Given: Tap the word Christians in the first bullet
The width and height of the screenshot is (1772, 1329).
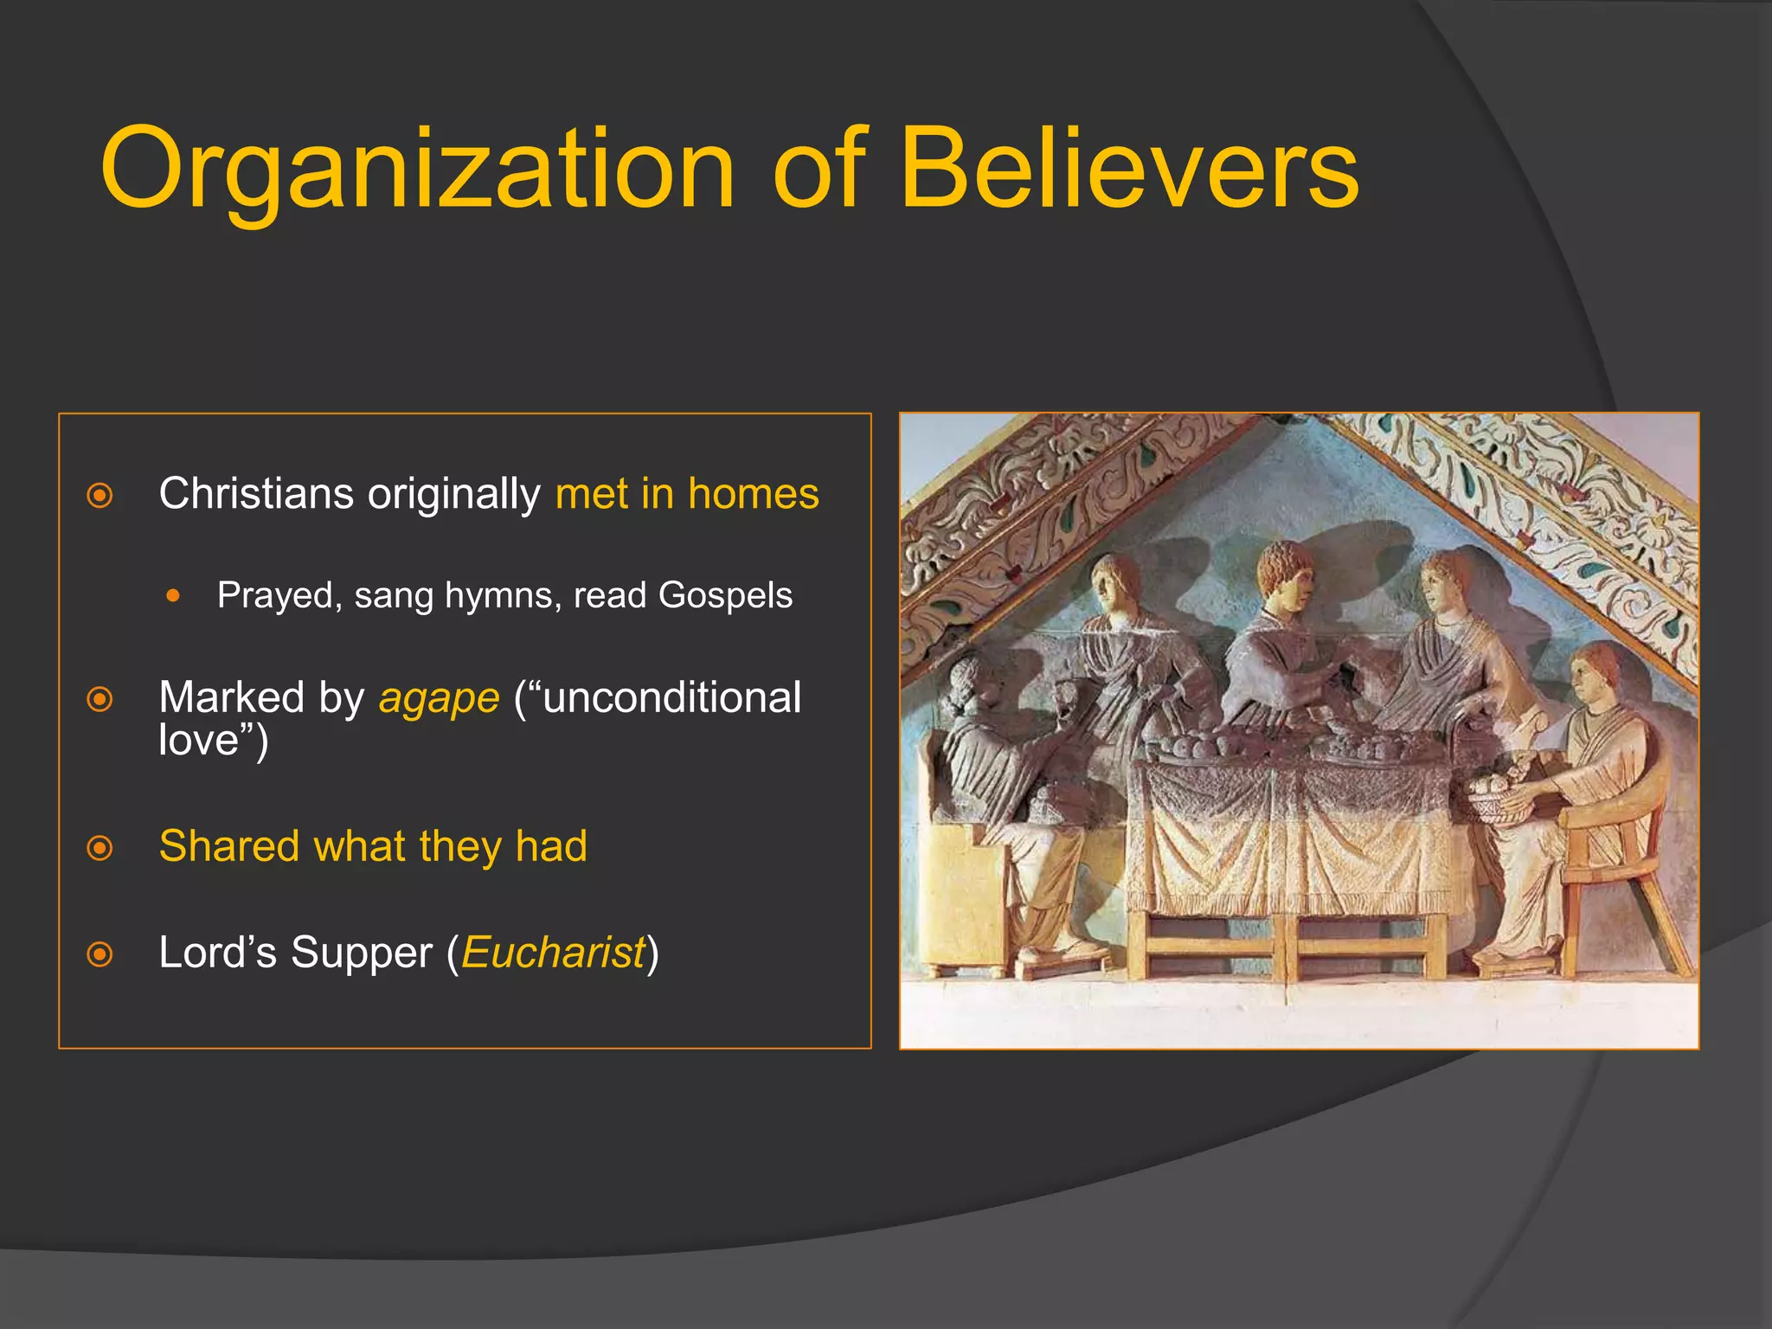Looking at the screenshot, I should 255,494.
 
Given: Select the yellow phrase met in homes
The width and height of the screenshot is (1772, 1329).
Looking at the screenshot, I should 687,494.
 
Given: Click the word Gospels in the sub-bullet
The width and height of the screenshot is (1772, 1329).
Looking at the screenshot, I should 725,595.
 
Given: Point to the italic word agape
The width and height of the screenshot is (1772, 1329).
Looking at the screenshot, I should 439,699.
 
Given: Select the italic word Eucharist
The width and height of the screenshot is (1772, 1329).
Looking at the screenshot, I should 554,953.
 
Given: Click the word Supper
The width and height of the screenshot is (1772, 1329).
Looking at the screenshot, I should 361,953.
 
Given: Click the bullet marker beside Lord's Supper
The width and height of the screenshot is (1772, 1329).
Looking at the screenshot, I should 100,954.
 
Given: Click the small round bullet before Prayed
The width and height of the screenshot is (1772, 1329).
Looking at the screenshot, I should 174,596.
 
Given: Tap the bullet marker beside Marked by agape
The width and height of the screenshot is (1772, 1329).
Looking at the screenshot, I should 100,699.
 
